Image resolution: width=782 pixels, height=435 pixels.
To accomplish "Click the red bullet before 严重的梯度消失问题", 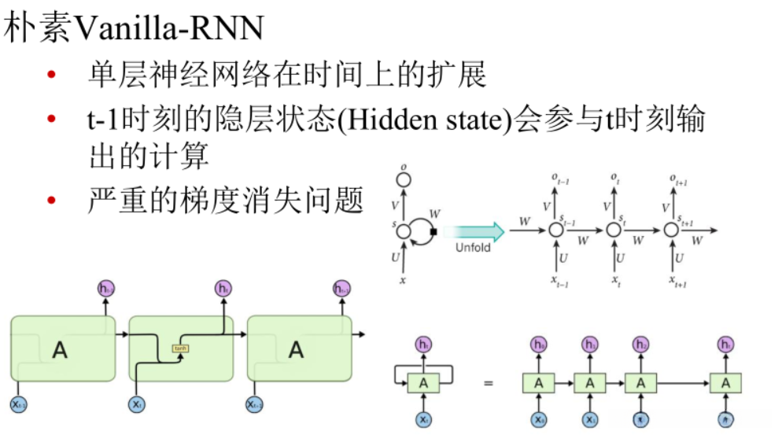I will click(x=51, y=201).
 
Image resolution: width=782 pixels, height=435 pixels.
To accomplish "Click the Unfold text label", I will click(x=473, y=248).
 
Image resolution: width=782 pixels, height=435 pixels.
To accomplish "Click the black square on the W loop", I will click(x=432, y=231).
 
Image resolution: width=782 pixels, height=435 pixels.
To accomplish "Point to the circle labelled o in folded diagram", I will click(x=404, y=180).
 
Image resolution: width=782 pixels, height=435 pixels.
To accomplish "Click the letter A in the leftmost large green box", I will click(x=60, y=349).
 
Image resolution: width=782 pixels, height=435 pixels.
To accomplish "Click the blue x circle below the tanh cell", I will click(x=137, y=404).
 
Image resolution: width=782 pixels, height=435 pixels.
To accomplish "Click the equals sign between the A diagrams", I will click(x=488, y=383).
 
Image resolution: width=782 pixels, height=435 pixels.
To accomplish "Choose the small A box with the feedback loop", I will click(x=423, y=383).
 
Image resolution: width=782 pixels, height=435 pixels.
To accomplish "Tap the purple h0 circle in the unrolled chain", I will click(x=538, y=345).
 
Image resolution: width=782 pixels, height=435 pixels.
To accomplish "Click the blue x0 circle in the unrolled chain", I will click(x=538, y=418).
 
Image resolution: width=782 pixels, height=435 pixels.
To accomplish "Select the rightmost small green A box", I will click(x=725, y=383).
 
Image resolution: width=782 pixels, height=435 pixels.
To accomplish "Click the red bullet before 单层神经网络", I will click(x=51, y=76).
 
